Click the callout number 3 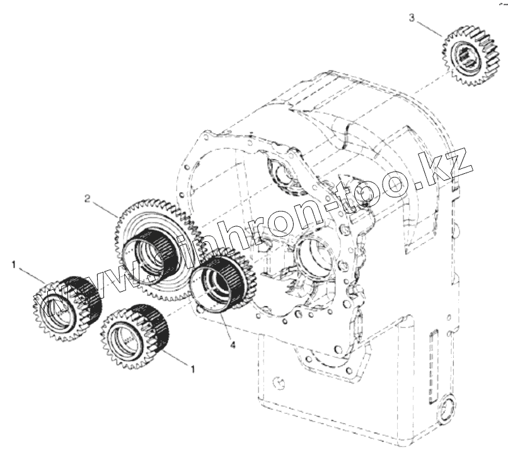(412, 17)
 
